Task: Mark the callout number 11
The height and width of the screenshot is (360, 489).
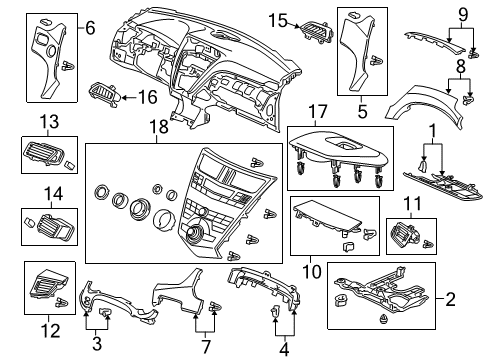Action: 411,206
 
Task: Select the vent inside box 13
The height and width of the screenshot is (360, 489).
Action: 45,154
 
